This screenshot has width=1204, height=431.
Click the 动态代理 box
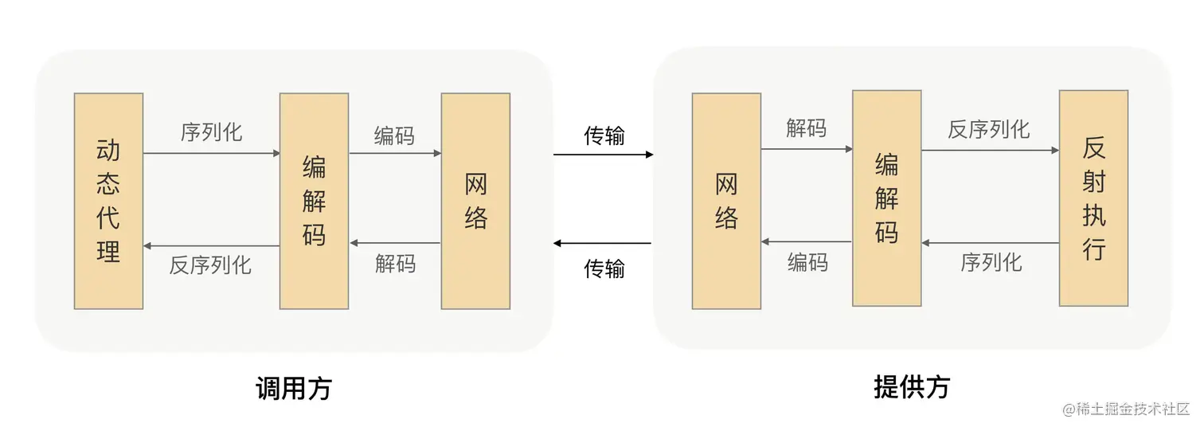108,201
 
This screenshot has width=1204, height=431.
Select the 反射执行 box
1093,198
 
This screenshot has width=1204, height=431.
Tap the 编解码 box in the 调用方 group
314,201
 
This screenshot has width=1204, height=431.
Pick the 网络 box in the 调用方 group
475,201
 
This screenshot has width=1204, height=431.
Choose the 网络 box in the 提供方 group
726,201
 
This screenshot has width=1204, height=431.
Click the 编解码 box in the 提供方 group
886,198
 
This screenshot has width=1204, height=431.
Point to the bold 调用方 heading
293,388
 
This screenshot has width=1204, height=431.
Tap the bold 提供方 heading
912,386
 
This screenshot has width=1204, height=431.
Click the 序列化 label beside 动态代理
211,132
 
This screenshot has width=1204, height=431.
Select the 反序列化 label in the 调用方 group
211,264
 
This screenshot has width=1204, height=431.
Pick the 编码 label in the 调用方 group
394,135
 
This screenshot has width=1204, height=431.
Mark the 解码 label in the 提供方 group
806,128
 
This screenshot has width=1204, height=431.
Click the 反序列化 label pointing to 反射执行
988,129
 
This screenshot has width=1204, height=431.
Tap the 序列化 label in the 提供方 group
991,262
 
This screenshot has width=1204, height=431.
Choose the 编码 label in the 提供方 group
807,262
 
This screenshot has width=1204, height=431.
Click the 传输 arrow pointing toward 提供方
603,154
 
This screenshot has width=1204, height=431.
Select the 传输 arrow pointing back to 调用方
603,243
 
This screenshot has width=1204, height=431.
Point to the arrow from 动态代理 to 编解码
211,153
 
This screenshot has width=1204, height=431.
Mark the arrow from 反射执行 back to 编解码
990,242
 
